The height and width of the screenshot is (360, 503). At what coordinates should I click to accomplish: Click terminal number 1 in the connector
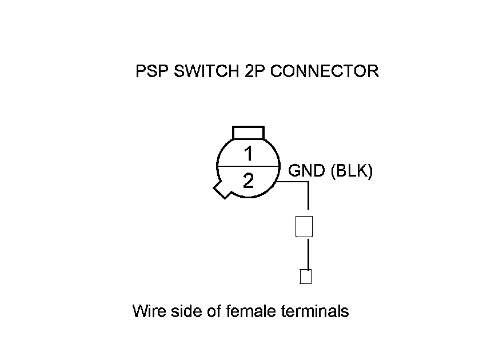click(x=248, y=154)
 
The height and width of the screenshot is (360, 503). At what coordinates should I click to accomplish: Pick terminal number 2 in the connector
click(x=248, y=181)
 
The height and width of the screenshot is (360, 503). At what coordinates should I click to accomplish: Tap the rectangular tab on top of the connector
click(x=248, y=133)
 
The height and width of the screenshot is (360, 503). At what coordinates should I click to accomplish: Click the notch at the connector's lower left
click(x=219, y=189)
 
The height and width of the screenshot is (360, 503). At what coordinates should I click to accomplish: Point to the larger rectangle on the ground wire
click(x=304, y=227)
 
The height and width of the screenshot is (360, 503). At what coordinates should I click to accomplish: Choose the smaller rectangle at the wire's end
click(x=306, y=277)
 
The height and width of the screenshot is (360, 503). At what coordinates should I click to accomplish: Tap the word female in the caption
click(x=252, y=311)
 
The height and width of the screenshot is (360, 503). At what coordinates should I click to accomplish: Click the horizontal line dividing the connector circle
click(x=248, y=166)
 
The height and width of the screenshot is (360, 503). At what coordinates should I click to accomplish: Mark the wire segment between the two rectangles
click(x=308, y=253)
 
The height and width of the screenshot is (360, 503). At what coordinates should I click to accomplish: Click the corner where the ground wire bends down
click(x=309, y=182)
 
